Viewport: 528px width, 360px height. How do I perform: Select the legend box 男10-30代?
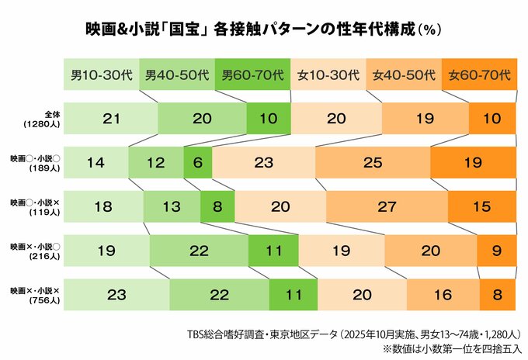coord(101,76)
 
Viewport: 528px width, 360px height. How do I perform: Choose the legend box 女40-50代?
coord(405,76)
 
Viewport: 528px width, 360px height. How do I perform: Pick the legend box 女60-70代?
coord(480,76)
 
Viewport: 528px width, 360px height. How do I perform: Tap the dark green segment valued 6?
coord(197,163)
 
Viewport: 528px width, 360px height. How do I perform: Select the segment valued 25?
coord(373,163)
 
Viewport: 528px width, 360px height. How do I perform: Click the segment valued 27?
coord(387,206)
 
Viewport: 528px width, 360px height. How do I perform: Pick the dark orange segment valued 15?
coord(482,206)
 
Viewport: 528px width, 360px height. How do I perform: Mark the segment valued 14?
coord(96,163)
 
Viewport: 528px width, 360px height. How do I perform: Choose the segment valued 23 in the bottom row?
coord(116,295)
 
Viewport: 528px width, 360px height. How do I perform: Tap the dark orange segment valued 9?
coord(496,251)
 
